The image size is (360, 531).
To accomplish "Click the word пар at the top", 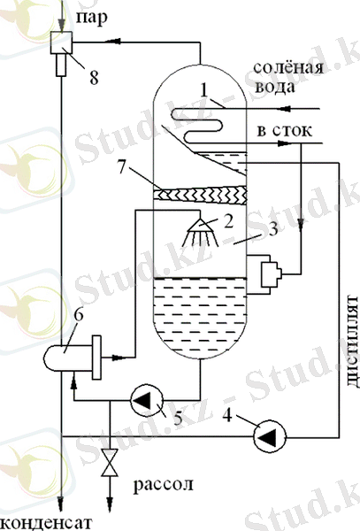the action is [91, 17].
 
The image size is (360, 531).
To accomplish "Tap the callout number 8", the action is [94, 77].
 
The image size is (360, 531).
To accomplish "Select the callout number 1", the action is [203, 90].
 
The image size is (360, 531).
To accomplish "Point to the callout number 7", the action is [122, 166].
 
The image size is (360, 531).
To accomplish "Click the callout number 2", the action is [229, 221].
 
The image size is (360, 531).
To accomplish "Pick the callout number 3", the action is [273, 228].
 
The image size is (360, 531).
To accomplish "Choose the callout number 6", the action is [79, 315].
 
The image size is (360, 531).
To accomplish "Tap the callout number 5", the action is [178, 418].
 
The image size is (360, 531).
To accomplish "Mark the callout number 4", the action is [227, 414].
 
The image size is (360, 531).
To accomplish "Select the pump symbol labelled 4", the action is [270, 436].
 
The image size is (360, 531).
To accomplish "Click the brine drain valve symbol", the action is [110, 463].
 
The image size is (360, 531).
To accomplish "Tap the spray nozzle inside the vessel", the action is [201, 232].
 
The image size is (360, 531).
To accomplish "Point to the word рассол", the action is [163, 485].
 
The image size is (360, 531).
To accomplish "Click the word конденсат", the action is [46, 522].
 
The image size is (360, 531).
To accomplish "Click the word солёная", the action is [288, 67].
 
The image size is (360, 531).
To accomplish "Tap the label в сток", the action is [284, 131].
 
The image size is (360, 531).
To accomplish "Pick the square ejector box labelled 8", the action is [61, 42].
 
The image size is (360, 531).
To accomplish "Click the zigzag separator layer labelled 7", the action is [200, 195].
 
